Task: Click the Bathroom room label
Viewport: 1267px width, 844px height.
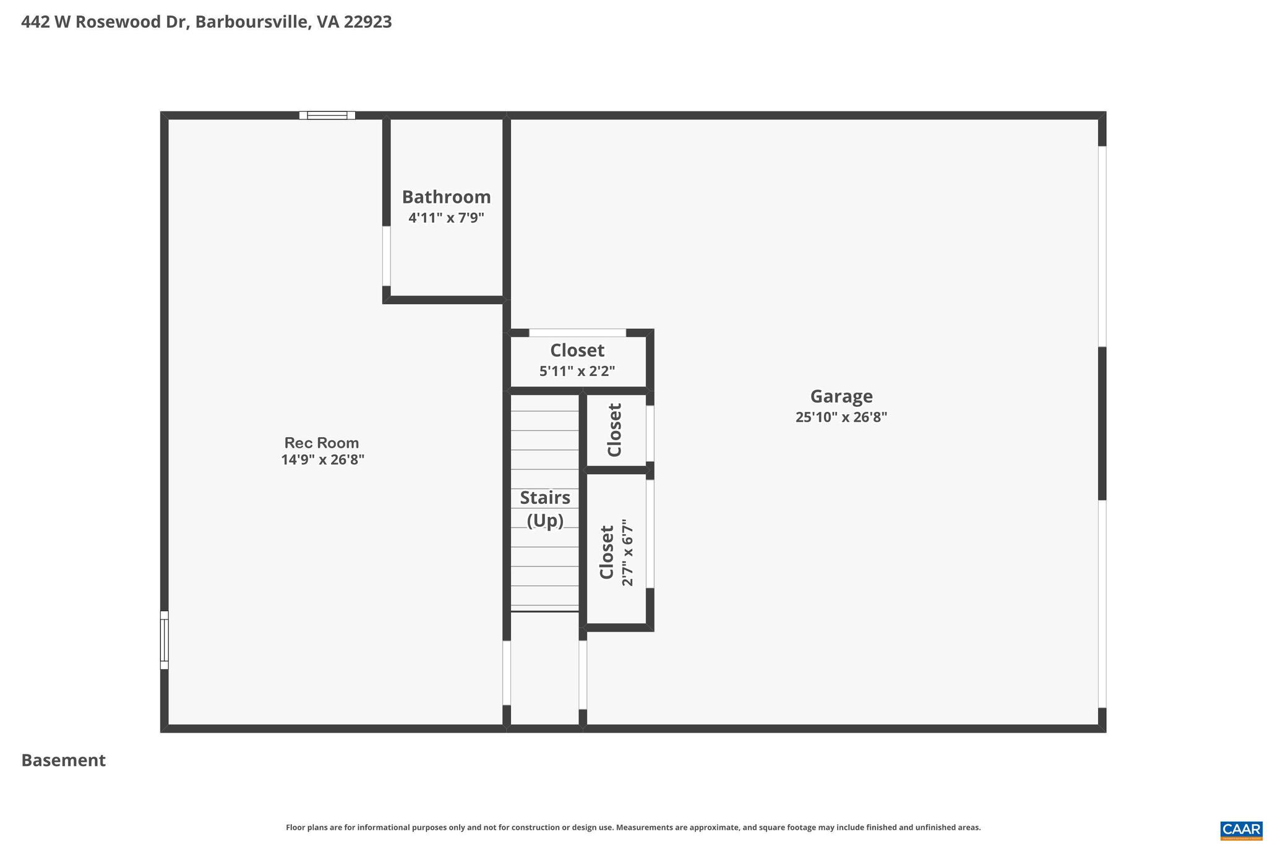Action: tap(446, 197)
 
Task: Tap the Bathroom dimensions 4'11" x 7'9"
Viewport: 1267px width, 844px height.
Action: tap(446, 218)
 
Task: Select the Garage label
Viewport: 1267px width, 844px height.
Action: tap(841, 396)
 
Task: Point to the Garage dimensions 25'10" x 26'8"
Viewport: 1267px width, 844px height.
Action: tap(841, 417)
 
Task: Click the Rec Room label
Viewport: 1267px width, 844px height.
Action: tap(322, 443)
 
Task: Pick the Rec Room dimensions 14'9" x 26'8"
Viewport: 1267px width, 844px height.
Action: tap(322, 459)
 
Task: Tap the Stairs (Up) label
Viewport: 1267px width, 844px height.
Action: tap(545, 508)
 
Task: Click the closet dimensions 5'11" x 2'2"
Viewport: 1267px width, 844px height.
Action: tap(577, 371)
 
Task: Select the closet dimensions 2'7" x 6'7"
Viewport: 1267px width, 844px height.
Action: tap(627, 552)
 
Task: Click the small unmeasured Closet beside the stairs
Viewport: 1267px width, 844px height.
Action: tap(615, 430)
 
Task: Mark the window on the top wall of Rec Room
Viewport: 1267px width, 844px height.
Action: tap(327, 115)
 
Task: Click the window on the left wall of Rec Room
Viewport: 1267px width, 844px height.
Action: tap(165, 640)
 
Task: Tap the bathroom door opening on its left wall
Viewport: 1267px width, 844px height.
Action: tap(387, 256)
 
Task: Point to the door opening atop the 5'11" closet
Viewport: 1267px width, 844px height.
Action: tap(577, 333)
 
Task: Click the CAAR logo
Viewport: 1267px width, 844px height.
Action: tap(1241, 830)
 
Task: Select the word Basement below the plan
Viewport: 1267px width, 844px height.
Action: tap(64, 760)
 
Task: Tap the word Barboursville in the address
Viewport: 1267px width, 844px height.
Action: tap(252, 22)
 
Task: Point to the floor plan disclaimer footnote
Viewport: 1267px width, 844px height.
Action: tap(633, 827)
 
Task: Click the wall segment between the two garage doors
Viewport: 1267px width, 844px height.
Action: tap(1102, 424)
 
